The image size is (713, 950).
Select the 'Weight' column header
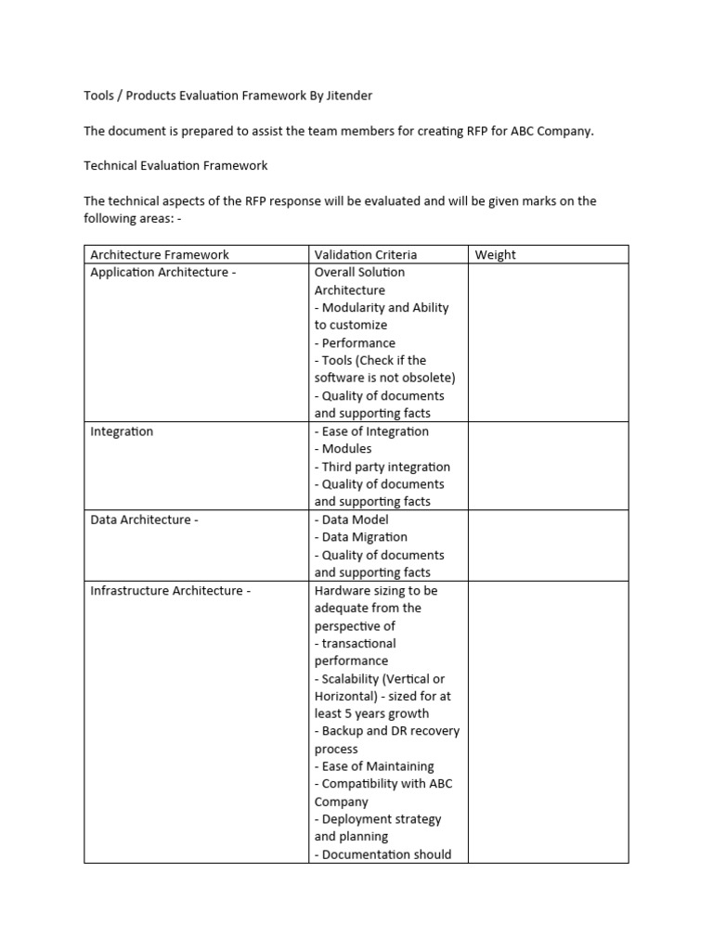495,254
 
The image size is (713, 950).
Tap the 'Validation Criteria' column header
366,254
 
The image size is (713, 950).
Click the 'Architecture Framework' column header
160,254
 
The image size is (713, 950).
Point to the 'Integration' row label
122,431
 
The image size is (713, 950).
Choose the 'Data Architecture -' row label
144,520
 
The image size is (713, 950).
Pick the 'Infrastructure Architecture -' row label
170,591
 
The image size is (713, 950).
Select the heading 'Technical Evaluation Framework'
175,166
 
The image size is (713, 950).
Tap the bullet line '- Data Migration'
361,537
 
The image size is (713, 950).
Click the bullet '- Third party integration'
382,467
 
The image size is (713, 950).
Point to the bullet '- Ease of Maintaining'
374,766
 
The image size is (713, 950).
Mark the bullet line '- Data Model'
353,520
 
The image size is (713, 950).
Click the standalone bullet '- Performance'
355,343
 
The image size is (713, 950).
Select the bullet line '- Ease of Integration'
371,431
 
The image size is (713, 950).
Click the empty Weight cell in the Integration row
548,466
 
